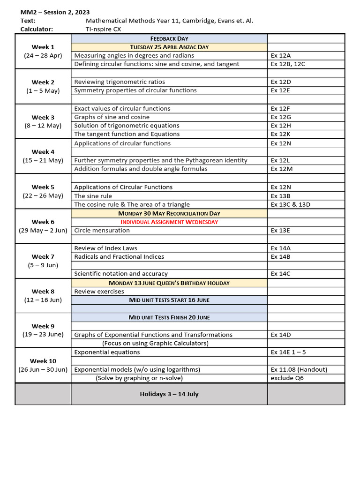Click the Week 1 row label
[x=43, y=47]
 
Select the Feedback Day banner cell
[x=169, y=38]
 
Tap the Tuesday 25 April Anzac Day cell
[x=169, y=47]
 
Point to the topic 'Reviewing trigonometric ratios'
[x=120, y=82]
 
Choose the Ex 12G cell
[x=281, y=117]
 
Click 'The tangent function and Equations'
[x=127, y=134]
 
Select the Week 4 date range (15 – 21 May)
[x=43, y=160]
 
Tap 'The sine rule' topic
[x=93, y=196]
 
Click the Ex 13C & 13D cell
[x=290, y=204]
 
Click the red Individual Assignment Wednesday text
[x=169, y=222]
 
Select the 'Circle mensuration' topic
[x=102, y=230]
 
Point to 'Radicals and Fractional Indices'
[x=119, y=256]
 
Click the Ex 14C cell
[x=281, y=273]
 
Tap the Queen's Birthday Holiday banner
[x=169, y=283]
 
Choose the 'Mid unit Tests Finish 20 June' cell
[x=169, y=317]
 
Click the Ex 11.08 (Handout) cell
[x=299, y=369]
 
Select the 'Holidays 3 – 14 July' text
[x=169, y=394]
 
